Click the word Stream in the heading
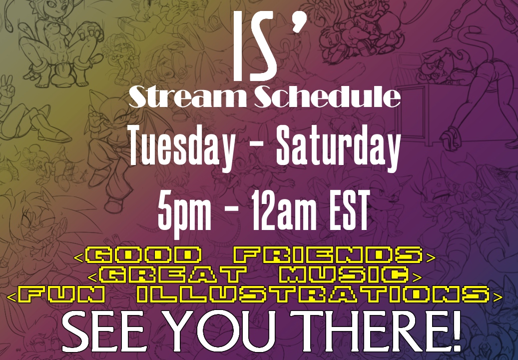point(187,96)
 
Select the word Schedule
point(327,96)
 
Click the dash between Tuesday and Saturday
point(255,150)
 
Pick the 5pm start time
point(184,211)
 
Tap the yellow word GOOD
point(143,255)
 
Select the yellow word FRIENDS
point(328,255)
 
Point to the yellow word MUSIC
point(343,275)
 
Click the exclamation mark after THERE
point(456,331)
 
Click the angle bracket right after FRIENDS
point(431,257)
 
